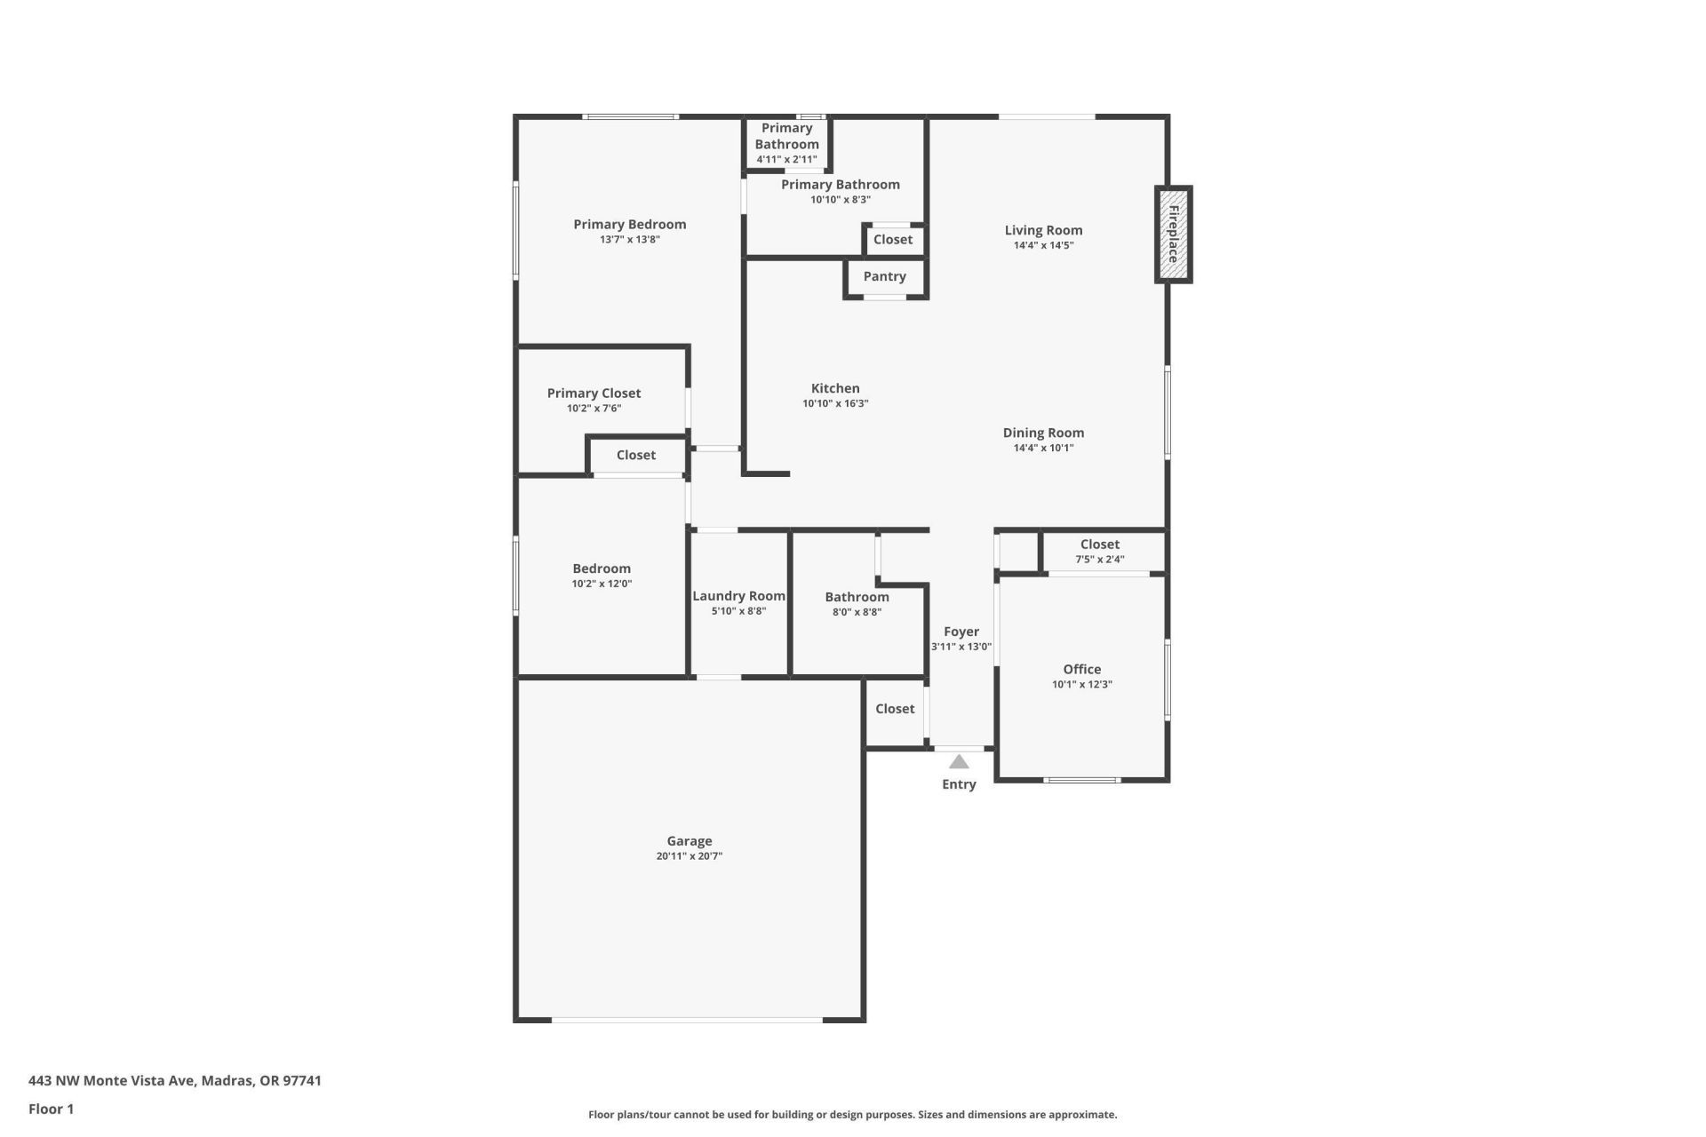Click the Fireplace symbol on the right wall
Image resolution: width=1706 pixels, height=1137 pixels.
(x=1173, y=235)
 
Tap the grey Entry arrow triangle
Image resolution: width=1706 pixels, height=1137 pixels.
(x=959, y=761)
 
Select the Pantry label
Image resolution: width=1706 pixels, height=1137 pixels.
(x=885, y=276)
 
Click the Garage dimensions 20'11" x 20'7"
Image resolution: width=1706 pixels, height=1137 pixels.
(x=690, y=856)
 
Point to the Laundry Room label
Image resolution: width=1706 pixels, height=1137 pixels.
(x=739, y=596)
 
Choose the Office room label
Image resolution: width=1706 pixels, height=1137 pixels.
(x=1082, y=669)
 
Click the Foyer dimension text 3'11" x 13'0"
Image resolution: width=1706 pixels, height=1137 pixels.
(x=961, y=647)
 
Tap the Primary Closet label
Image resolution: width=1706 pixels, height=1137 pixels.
(x=594, y=393)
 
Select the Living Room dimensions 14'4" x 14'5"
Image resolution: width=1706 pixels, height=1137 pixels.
(x=1044, y=245)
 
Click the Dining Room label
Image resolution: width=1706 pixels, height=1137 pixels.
(x=1044, y=433)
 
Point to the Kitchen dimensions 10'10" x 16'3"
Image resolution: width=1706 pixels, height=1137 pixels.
(x=835, y=403)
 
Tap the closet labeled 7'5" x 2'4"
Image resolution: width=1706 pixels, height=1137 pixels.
(x=1100, y=552)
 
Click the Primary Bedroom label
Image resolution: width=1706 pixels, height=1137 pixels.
(x=630, y=224)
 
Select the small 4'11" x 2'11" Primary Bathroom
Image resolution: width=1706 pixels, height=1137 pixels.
(x=787, y=143)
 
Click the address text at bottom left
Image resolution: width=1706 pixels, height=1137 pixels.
(x=175, y=1080)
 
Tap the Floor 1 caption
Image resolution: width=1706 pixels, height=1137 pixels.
(x=52, y=1109)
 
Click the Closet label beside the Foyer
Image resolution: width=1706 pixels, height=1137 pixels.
(x=895, y=708)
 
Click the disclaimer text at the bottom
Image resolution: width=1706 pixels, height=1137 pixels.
(x=853, y=1114)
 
